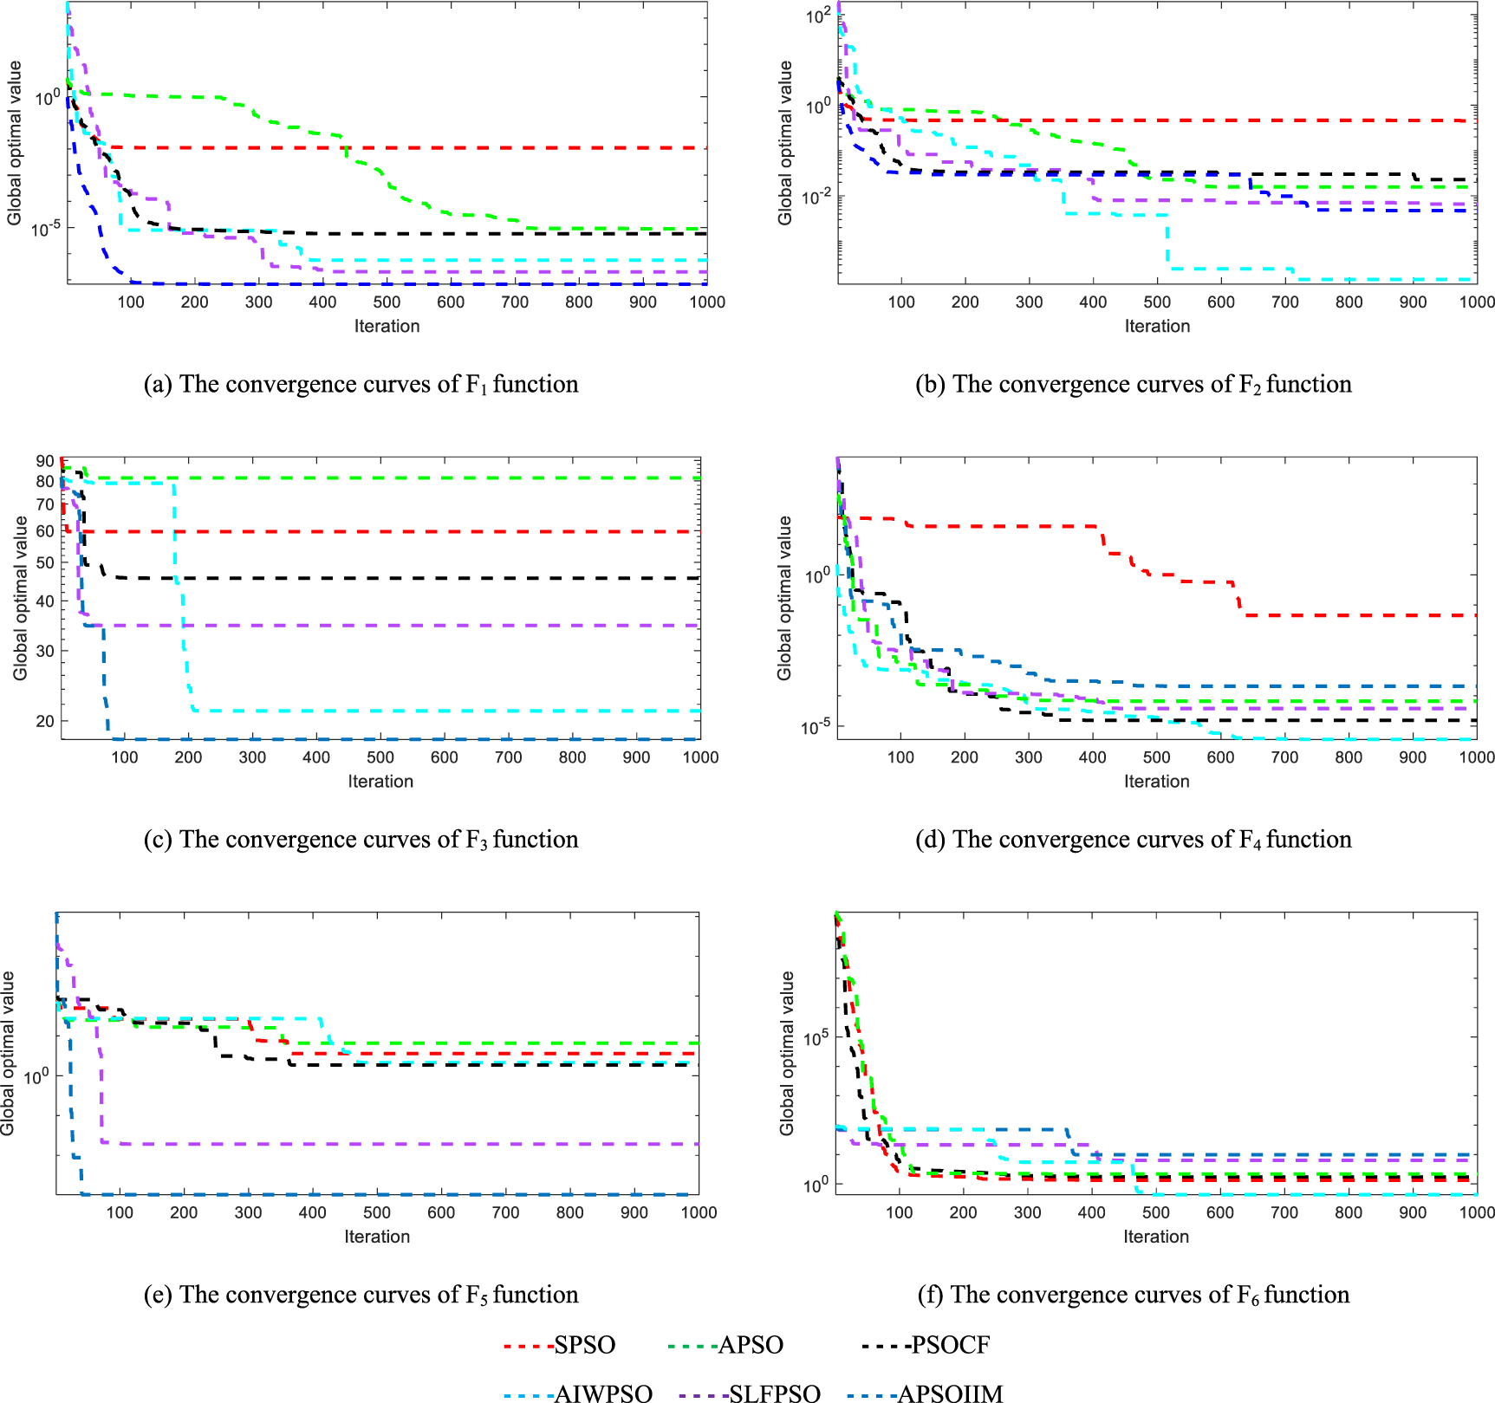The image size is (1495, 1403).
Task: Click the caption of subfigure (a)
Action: pos(361,384)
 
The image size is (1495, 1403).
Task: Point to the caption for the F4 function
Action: pos(1134,839)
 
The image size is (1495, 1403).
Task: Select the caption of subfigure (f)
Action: pos(1134,1294)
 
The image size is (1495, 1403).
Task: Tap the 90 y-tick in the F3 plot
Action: pos(45,461)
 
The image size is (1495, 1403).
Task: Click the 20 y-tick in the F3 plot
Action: pos(45,721)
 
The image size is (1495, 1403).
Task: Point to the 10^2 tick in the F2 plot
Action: pos(817,16)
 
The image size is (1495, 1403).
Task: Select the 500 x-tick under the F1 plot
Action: pos(387,302)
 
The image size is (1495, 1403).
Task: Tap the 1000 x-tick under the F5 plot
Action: pos(699,1212)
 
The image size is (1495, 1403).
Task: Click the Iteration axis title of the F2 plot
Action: pos(1157,326)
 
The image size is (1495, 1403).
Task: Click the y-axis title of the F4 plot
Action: pos(785,598)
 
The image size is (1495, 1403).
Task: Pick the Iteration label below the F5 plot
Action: pos(377,1237)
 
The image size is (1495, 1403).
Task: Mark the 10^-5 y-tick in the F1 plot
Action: pos(45,230)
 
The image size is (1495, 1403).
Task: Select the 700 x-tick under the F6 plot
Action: pos(1284,1212)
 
